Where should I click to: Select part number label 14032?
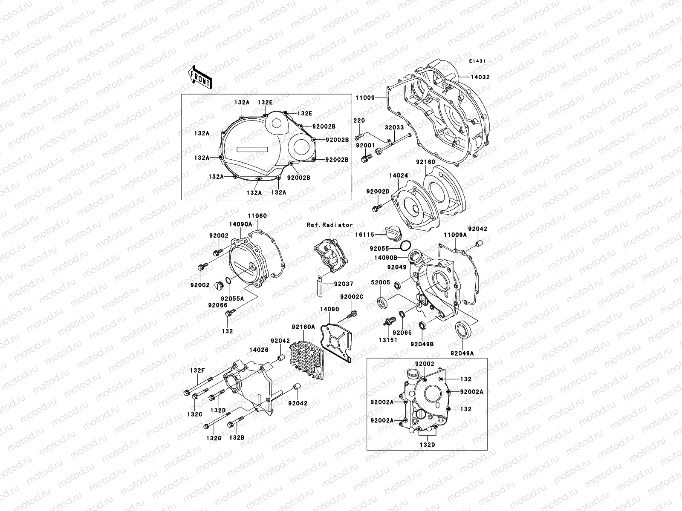tap(480, 78)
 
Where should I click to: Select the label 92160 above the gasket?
tap(425, 162)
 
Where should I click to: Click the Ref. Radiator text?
tap(329, 224)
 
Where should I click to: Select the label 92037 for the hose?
tap(343, 284)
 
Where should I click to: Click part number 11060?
tap(257, 216)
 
